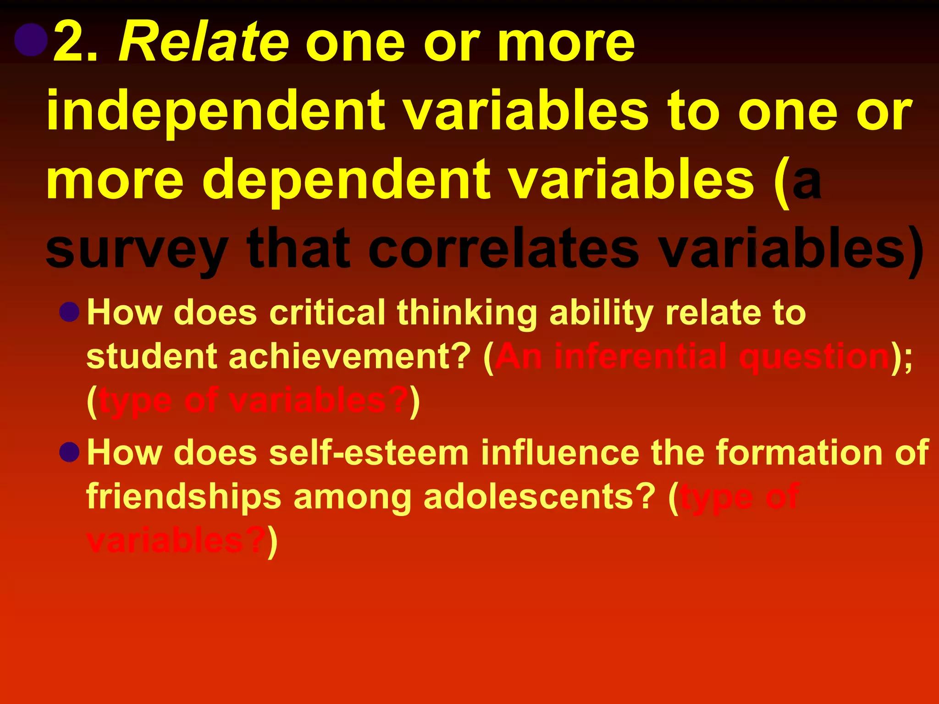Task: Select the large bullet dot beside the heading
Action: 31,40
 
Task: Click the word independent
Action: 215,112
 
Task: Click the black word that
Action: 298,249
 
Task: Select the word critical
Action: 327,313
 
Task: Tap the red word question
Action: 814,357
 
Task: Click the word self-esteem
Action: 369,453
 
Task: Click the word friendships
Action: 184,497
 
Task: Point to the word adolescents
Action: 539,497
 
